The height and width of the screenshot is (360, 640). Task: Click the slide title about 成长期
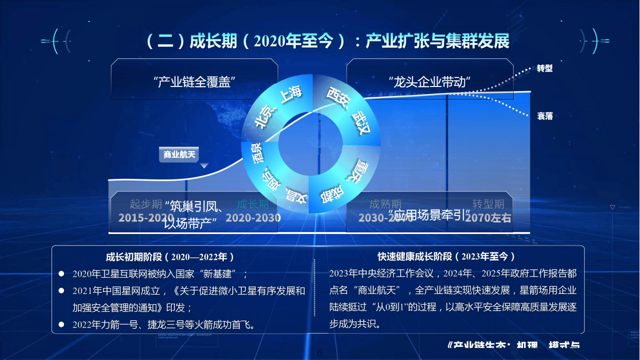point(328,41)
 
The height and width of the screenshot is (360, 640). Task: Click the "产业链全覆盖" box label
point(194,81)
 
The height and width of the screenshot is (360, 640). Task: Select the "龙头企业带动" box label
point(430,81)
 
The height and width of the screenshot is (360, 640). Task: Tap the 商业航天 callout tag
point(178,154)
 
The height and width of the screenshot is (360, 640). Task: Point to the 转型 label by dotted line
point(545,68)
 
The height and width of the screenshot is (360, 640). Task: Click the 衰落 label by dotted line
point(545,116)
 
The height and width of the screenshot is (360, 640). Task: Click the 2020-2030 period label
point(253,218)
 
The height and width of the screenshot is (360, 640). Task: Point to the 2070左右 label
point(488,218)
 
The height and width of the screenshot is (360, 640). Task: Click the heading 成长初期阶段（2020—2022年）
point(170,257)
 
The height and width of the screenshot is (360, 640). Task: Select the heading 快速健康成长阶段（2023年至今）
point(446,257)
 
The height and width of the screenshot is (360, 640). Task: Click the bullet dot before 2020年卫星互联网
point(61,274)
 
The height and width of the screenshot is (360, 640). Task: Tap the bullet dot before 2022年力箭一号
point(61,325)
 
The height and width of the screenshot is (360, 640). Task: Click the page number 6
point(320,353)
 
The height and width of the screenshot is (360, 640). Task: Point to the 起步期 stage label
point(146,204)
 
